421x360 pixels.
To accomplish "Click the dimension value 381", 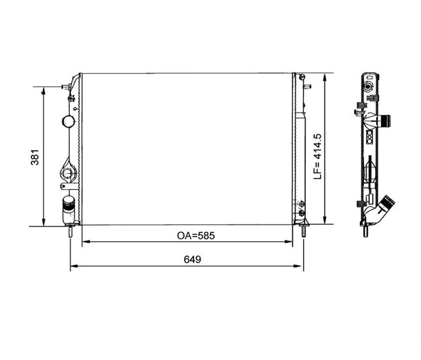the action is pos(35,157).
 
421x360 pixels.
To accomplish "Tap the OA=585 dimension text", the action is pos(196,236).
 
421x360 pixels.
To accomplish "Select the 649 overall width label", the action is pos(192,260).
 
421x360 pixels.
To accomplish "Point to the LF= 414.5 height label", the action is pos(318,156).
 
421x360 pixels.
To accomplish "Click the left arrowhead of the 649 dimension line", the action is pos(74,266).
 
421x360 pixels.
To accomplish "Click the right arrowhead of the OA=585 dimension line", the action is pos(289,242).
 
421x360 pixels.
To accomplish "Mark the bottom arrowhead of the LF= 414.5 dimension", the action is pos(324,220).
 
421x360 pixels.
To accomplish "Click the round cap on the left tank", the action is pos(68,122).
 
